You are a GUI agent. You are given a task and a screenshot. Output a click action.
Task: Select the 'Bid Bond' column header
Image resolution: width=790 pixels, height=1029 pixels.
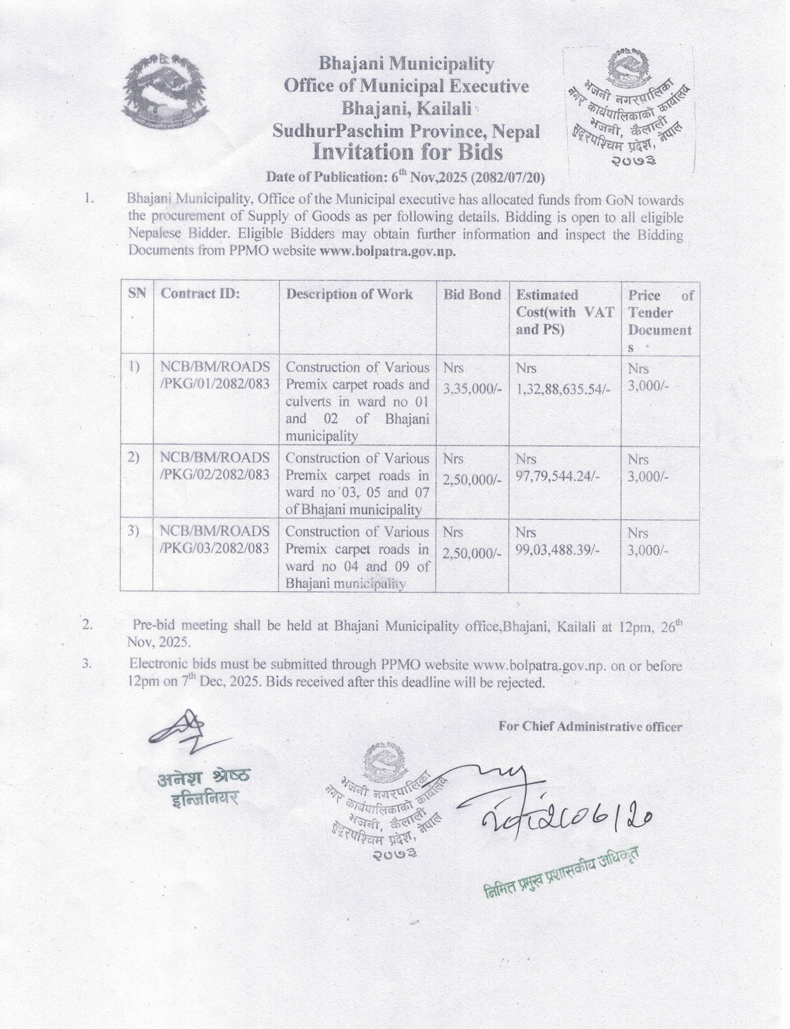pyautogui.click(x=472, y=294)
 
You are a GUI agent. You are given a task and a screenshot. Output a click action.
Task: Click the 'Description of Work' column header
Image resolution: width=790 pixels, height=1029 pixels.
pyautogui.click(x=349, y=294)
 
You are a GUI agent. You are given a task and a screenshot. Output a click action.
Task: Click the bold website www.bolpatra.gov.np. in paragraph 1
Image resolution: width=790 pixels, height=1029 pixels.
pyautogui.click(x=388, y=251)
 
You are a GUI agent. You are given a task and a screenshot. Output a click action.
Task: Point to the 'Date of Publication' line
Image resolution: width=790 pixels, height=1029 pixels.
pyautogui.click(x=405, y=177)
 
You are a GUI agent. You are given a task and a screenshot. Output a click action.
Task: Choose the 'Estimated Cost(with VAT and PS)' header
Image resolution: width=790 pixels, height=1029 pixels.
pyautogui.click(x=564, y=312)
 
